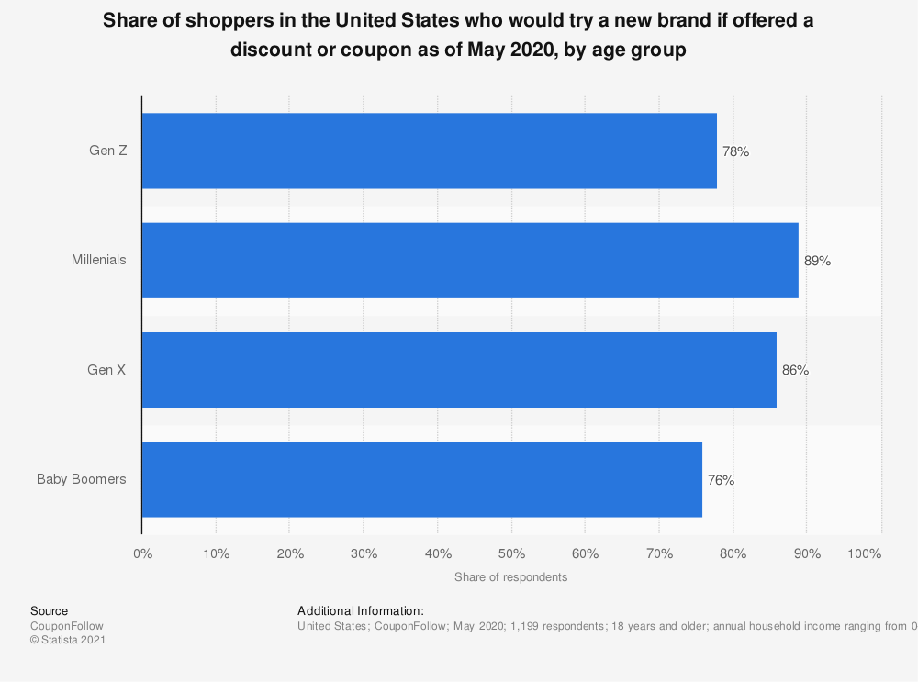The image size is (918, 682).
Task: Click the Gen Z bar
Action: [429, 151]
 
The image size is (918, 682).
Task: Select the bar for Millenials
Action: [470, 260]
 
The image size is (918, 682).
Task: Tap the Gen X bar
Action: [459, 370]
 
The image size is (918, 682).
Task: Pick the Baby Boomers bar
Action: [421, 479]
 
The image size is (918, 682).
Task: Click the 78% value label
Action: [735, 151]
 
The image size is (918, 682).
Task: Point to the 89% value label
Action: [817, 261]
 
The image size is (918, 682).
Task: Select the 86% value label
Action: [795, 370]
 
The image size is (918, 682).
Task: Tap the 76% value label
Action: [721, 479]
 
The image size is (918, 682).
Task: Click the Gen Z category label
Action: [107, 151]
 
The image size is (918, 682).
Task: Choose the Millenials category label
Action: [99, 260]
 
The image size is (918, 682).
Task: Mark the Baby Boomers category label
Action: [82, 479]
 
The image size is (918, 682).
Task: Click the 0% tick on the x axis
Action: [142, 553]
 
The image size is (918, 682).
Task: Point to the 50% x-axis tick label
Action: [511, 553]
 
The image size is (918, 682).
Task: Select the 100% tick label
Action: [864, 553]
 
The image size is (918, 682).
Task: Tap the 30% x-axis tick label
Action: [364, 553]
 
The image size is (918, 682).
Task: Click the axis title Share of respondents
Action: [510, 577]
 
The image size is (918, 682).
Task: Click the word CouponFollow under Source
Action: [67, 625]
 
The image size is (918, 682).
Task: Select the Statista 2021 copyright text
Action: [68, 640]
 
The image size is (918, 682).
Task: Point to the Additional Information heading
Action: [360, 610]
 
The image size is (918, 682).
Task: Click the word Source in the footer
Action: [49, 610]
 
